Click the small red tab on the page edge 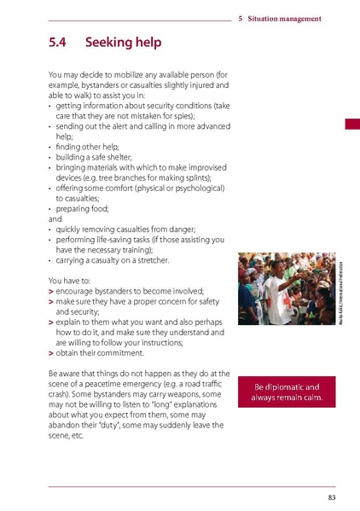pos(351,125)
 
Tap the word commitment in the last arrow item pos(119,352)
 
